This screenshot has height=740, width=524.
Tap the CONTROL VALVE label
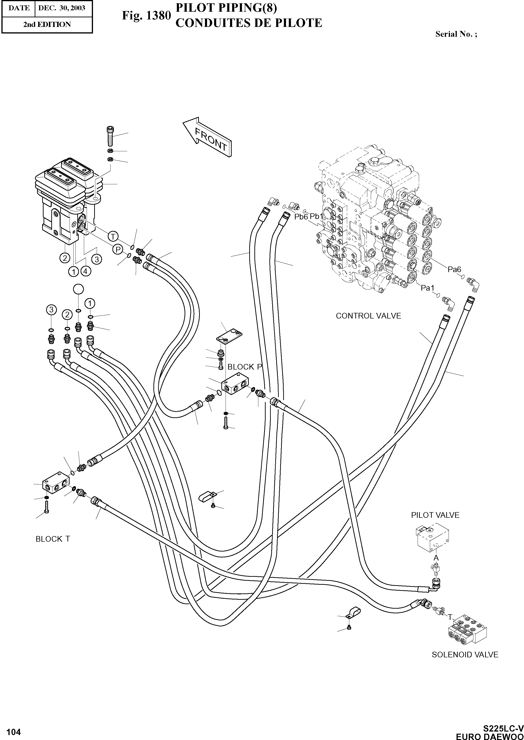368,316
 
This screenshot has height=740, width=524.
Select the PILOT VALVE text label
435,515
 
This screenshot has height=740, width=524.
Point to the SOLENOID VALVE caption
465,655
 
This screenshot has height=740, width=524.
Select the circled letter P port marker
118,249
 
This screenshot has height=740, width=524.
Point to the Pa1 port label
427,288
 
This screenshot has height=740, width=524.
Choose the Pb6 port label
301,217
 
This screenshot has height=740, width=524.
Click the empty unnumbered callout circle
78,289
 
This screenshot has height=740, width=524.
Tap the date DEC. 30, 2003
62,8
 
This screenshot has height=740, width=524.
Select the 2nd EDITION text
47,25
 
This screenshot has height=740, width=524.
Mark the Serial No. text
456,34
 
